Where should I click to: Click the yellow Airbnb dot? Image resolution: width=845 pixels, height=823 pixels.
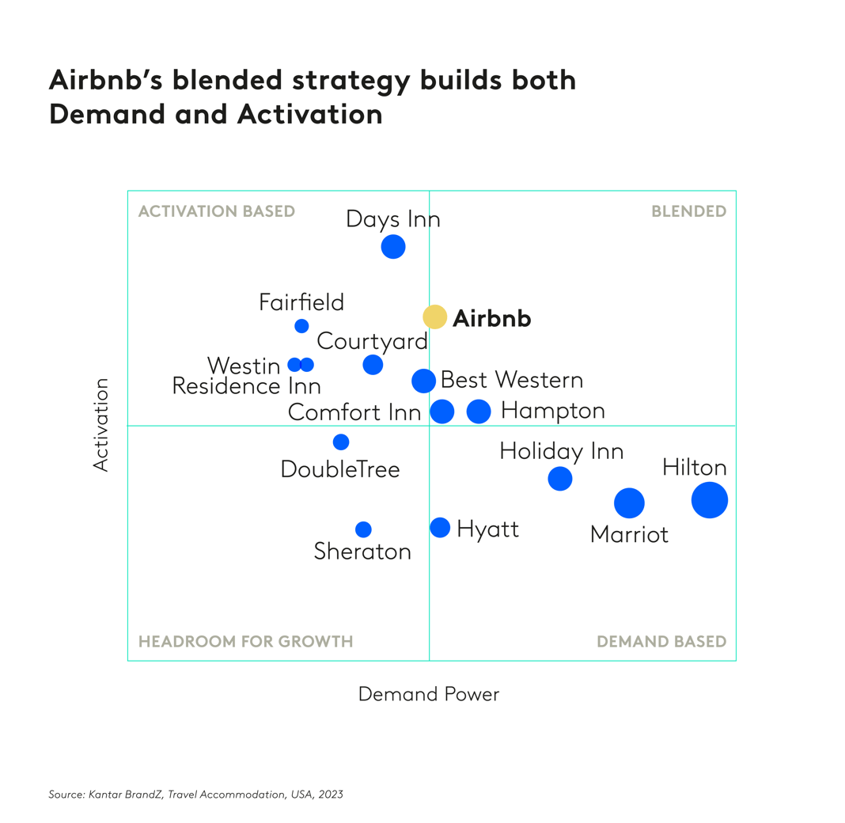434,317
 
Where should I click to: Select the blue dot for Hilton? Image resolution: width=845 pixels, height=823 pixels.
709,500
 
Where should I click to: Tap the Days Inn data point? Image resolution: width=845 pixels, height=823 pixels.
393,247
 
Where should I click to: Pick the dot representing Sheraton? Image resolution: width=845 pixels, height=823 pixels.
363,529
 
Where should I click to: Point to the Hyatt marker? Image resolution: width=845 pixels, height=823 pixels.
440,528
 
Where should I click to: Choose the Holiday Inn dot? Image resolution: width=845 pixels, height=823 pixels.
560,479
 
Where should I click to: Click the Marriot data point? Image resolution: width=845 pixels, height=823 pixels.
629,503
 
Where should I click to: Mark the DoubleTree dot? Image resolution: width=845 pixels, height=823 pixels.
341,442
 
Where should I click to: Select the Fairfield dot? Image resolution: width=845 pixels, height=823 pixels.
301,326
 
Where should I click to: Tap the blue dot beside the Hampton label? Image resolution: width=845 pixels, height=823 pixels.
479,411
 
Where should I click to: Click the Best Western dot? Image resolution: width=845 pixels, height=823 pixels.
424,381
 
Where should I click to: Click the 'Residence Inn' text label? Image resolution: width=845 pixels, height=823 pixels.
246,387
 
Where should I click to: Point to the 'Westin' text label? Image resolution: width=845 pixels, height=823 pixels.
244,366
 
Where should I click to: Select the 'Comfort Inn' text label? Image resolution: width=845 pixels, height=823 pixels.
354,412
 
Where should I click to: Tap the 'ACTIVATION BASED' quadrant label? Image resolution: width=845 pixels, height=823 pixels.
216,212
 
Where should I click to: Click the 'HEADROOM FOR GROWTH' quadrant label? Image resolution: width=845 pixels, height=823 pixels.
245,642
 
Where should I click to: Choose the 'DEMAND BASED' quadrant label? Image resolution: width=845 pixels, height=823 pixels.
661,642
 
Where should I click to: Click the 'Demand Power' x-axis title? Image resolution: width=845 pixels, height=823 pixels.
429,695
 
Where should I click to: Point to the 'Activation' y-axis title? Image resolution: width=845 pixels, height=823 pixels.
100,425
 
